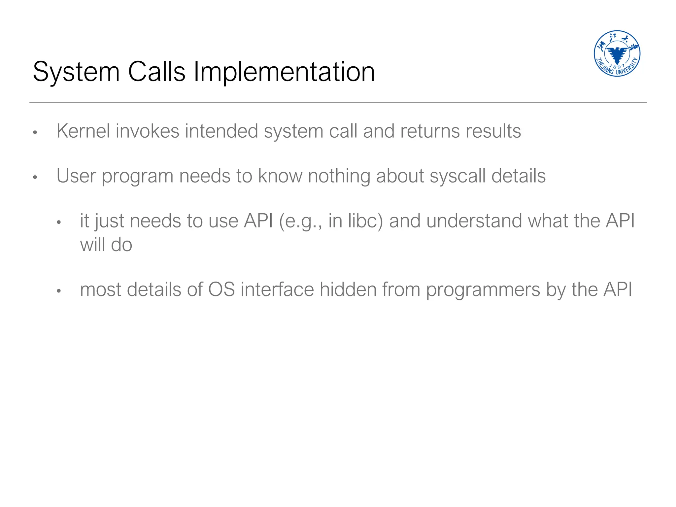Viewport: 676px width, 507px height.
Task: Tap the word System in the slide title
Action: click(x=76, y=72)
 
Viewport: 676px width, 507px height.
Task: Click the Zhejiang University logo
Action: click(x=617, y=53)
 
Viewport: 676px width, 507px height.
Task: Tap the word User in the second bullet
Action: click(x=76, y=176)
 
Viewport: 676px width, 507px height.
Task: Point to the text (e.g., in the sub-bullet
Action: click(x=300, y=221)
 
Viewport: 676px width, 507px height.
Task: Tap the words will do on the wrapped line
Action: click(x=106, y=245)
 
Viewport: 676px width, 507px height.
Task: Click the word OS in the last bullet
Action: click(x=221, y=289)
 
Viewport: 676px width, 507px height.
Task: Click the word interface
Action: click(x=277, y=289)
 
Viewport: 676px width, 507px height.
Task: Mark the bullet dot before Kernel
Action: click(x=35, y=133)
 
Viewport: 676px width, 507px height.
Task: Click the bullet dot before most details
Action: click(x=59, y=291)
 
